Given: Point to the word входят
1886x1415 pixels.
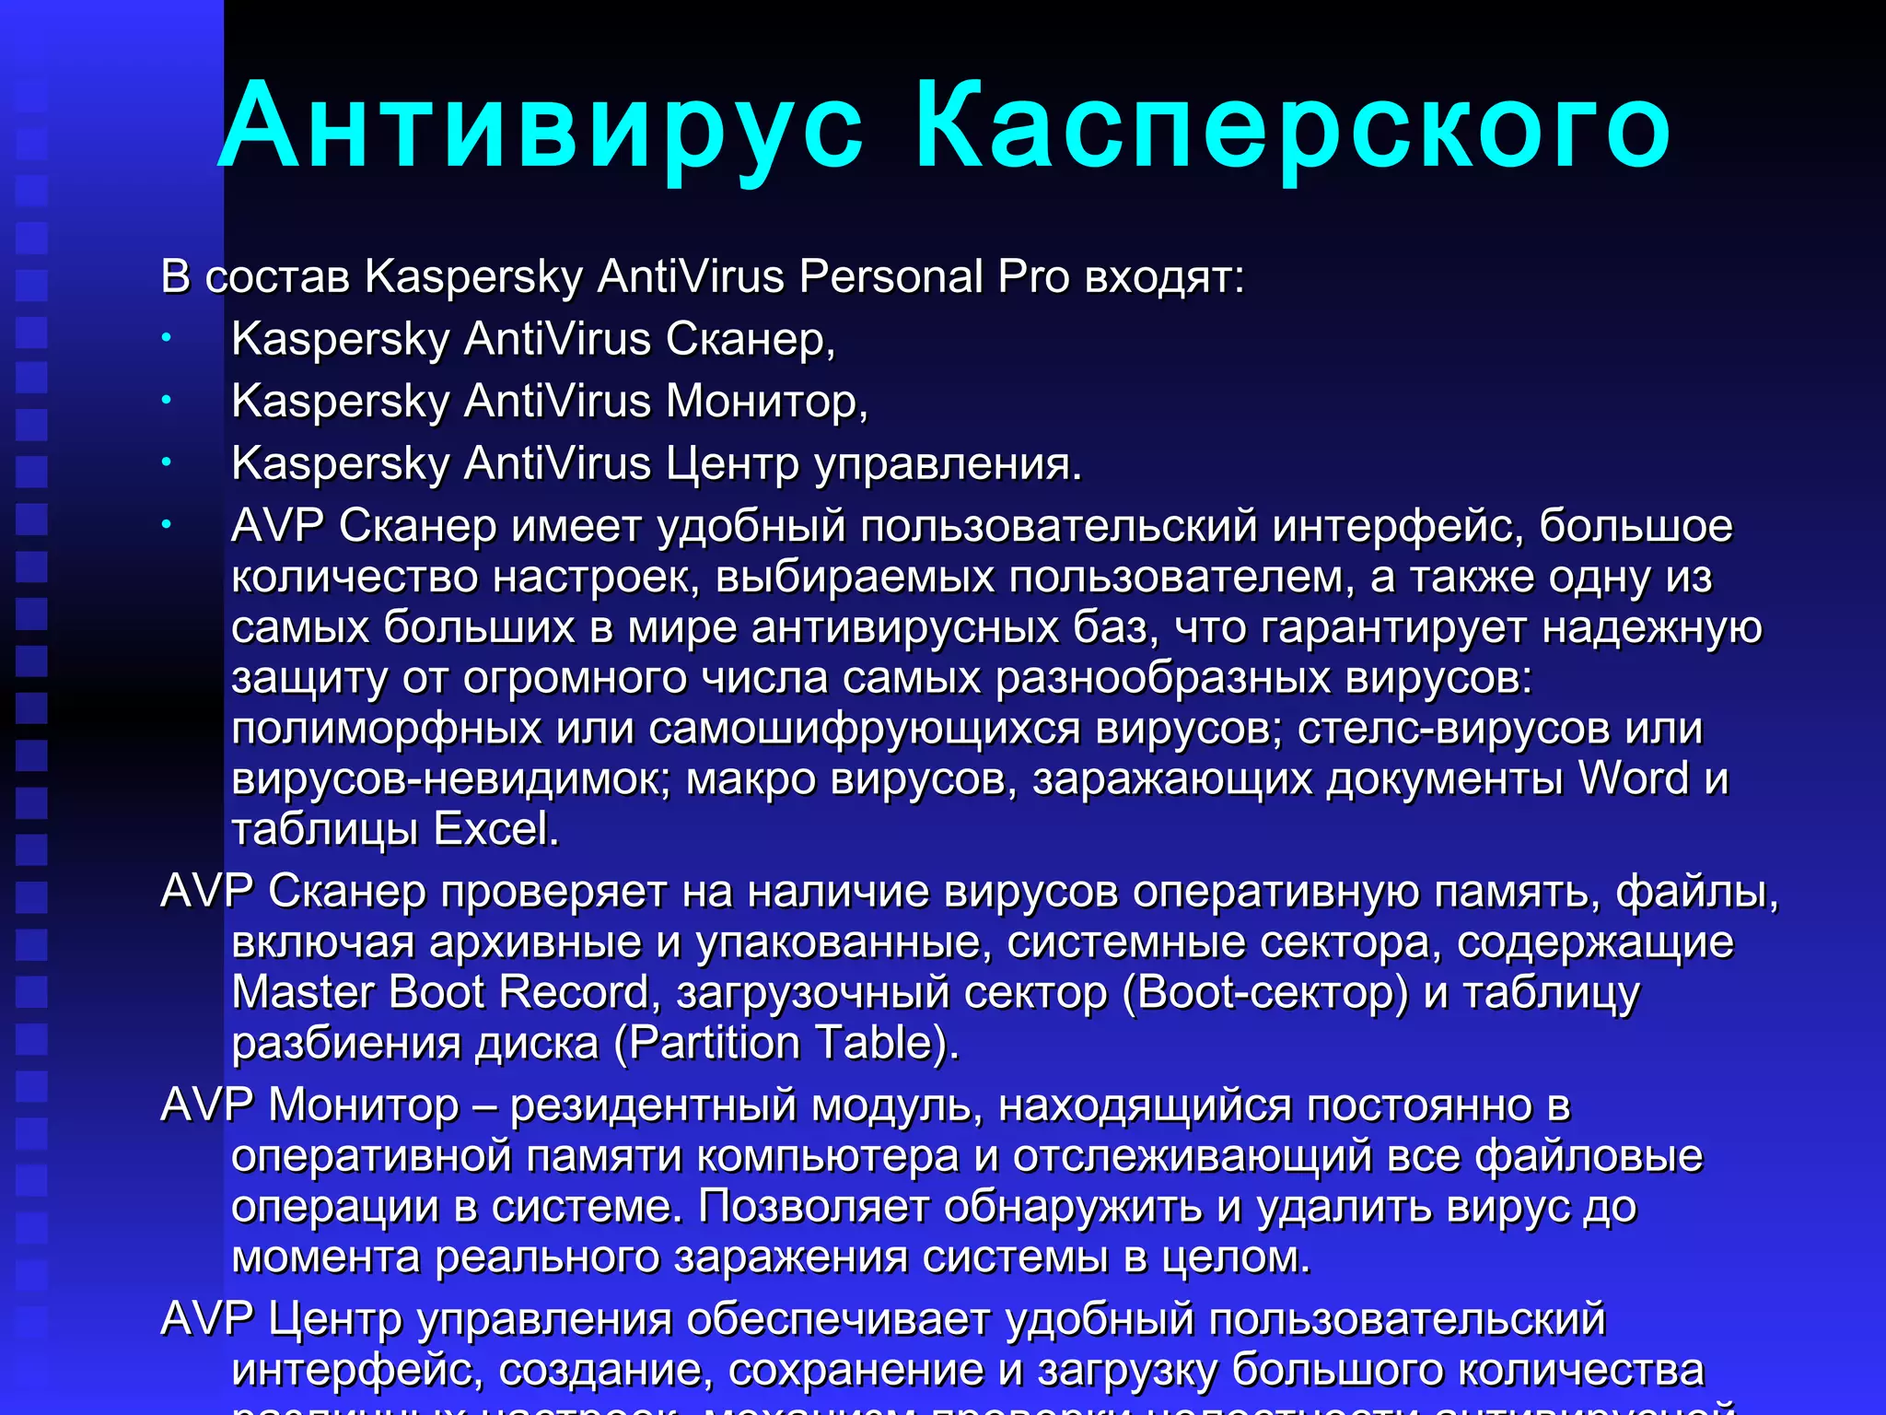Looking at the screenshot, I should coord(1164,277).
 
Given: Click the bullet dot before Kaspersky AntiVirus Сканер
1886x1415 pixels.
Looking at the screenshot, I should coord(167,339).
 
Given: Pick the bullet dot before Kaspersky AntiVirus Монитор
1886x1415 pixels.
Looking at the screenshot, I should coord(167,401).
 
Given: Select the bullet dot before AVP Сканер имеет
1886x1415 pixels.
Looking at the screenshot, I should coord(167,525).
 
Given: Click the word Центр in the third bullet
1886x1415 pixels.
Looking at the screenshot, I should coord(732,463).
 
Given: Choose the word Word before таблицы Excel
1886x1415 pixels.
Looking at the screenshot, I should coord(1634,778).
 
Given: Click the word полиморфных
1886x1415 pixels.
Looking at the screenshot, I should coord(386,729).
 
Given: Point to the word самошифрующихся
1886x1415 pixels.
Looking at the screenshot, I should coord(865,729).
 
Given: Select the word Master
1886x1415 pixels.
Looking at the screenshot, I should coord(303,992).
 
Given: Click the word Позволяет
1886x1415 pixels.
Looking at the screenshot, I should coord(814,1207).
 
